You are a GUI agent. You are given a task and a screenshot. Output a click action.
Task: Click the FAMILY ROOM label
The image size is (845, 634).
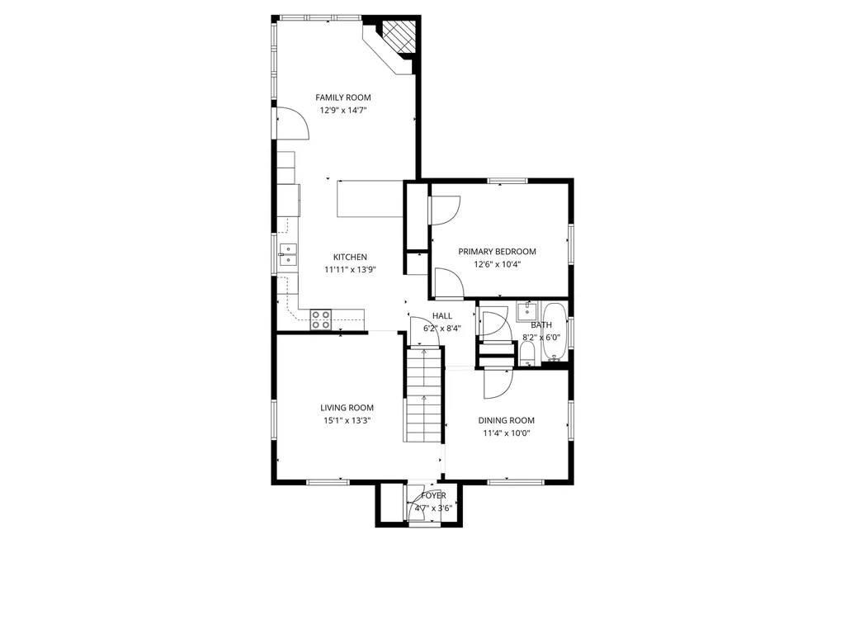tap(342, 97)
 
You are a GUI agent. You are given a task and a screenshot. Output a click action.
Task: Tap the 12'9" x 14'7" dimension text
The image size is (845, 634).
tap(342, 111)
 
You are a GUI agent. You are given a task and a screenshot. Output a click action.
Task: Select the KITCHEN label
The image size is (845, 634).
tap(350, 258)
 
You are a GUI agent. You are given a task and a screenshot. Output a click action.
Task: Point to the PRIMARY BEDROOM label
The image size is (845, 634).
tap(497, 251)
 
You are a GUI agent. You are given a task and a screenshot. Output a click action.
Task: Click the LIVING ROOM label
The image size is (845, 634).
tap(347, 408)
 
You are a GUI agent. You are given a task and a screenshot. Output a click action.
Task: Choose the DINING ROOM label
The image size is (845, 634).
tap(506, 420)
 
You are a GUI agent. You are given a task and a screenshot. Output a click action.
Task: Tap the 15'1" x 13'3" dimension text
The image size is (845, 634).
tap(347, 421)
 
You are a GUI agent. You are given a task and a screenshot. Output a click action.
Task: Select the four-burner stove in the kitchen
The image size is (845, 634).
tap(321, 319)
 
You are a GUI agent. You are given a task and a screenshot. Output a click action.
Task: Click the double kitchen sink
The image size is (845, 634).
tap(288, 255)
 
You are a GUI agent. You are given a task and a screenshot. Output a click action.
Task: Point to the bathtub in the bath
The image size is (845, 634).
tap(554, 332)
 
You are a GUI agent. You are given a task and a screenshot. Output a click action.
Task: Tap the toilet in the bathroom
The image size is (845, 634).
tap(527, 353)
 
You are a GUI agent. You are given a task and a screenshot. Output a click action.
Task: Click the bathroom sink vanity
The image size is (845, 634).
tap(526, 311)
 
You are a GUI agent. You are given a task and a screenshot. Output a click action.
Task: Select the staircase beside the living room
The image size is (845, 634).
tap(424, 395)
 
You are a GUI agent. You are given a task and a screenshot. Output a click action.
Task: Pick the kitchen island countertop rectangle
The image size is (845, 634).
tap(370, 198)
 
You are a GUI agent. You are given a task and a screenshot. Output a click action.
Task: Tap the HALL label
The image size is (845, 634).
tap(442, 316)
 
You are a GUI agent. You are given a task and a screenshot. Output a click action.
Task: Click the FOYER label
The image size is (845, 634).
tap(433, 495)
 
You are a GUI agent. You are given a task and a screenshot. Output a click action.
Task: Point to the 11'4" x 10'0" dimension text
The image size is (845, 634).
tap(506, 433)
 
